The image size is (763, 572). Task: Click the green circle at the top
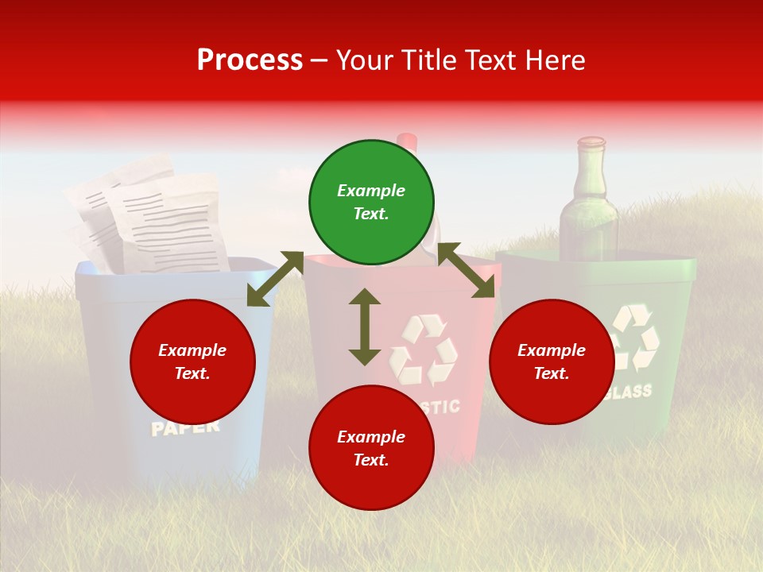click(371, 203)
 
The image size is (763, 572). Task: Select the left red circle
click(192, 361)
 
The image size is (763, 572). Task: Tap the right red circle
click(552, 361)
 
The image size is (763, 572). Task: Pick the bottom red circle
click(371, 448)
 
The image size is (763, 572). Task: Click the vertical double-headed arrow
click(365, 327)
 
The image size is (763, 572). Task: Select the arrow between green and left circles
click(275, 278)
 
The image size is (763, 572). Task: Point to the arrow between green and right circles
click(466, 271)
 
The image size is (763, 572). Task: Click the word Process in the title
click(250, 60)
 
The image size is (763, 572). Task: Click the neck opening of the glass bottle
click(591, 142)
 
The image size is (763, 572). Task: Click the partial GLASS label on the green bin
click(629, 392)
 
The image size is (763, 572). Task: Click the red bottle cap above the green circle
click(407, 141)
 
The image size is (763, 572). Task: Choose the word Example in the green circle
click(371, 191)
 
